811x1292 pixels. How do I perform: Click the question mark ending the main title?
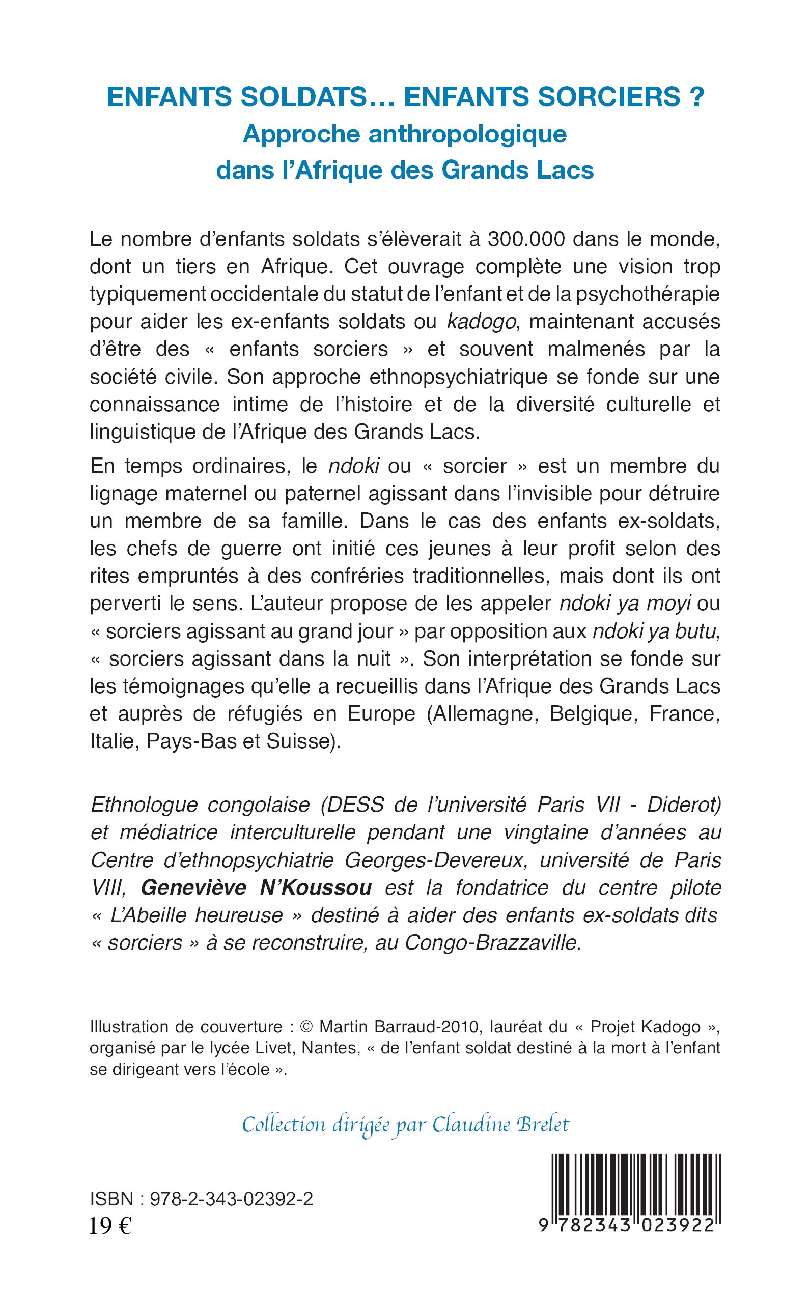(695, 97)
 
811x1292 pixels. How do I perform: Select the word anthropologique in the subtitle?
(467, 134)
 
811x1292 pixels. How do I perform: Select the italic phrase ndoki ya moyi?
(625, 604)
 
